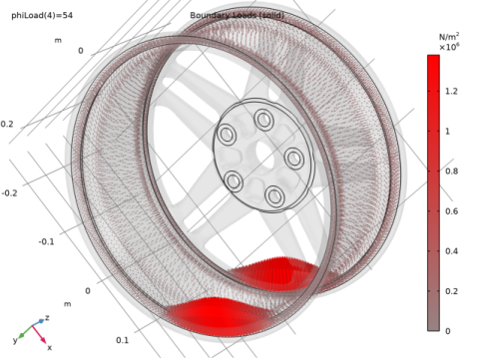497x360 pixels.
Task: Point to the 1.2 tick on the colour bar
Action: tap(452, 91)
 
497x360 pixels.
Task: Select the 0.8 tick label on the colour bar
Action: tap(452, 172)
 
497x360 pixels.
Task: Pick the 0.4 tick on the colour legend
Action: tap(452, 251)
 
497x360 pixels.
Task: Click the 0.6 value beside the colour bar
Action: tap(452, 211)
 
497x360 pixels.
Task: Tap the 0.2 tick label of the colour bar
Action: tap(452, 291)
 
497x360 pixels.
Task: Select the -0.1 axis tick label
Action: tap(46, 242)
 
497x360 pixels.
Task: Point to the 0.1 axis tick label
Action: tap(121, 340)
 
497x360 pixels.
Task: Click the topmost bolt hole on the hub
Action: tap(263, 120)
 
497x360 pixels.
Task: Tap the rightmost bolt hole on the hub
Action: tap(295, 158)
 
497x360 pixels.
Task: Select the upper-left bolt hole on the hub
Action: tap(227, 135)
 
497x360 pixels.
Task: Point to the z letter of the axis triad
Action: tap(47, 317)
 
